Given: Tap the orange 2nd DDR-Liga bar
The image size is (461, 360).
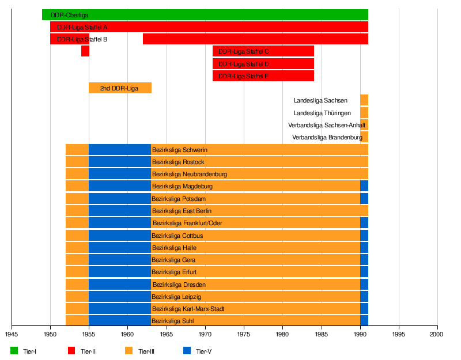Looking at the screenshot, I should [x=120, y=88].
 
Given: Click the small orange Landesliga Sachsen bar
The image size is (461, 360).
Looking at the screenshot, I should [x=364, y=100].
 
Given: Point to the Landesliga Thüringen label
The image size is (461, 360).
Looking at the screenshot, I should [x=322, y=113].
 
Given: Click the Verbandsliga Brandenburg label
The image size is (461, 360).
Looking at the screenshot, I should [x=327, y=137].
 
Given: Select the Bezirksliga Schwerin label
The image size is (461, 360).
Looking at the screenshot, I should [x=179, y=150].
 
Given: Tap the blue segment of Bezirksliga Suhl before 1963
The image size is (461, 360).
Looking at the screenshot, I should [x=119, y=321].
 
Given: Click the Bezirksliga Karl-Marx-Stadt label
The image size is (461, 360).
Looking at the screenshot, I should [x=188, y=309].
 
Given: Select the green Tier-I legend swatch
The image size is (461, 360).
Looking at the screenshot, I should [x=14, y=351].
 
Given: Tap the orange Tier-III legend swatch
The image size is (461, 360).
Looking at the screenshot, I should [x=129, y=351].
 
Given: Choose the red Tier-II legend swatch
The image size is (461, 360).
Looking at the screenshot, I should [x=72, y=351].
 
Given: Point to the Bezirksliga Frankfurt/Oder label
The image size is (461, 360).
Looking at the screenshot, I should [x=187, y=223].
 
